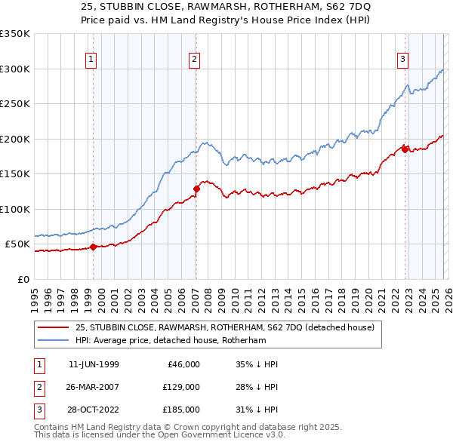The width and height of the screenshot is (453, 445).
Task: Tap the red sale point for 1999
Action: [93, 247]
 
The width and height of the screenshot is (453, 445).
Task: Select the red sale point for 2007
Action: [196, 189]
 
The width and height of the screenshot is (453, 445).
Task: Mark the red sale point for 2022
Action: [405, 149]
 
